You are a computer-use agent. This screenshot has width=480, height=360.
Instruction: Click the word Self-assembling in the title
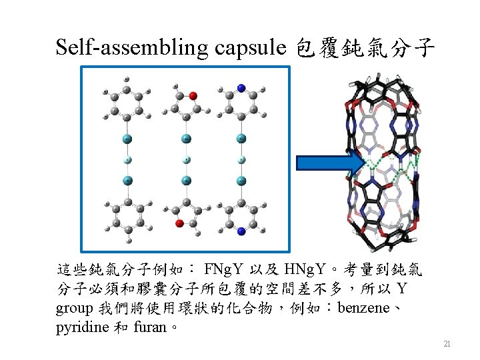click(x=132, y=47)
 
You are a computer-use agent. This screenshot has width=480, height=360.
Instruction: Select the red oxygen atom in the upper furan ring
click(x=193, y=96)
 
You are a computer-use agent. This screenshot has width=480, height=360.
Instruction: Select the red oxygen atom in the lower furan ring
click(x=179, y=223)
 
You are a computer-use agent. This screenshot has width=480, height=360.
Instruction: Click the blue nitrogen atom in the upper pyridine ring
click(x=241, y=89)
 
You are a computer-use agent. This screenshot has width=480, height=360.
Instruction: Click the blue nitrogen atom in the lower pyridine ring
click(x=241, y=231)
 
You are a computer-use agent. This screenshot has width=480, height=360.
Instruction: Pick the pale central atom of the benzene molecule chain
click(x=127, y=159)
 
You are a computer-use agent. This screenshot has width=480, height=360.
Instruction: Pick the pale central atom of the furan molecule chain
click(x=187, y=159)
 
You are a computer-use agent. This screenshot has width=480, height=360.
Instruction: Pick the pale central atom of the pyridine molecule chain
click(x=241, y=159)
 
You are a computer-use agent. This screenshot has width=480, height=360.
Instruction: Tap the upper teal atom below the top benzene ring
click(x=127, y=139)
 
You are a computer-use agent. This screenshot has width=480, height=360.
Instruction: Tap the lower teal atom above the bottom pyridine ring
click(x=241, y=181)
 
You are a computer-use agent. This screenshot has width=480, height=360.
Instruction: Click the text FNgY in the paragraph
click(x=223, y=270)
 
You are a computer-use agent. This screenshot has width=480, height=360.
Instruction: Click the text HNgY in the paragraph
click(x=304, y=270)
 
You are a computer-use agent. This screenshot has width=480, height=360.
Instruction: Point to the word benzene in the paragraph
click(x=363, y=308)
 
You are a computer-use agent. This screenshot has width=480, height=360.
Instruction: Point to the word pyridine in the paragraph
click(x=83, y=327)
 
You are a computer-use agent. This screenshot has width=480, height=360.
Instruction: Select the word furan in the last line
click(x=150, y=327)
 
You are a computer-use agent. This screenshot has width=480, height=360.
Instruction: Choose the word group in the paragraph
click(x=75, y=309)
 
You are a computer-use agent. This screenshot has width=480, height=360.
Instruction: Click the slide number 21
click(x=447, y=344)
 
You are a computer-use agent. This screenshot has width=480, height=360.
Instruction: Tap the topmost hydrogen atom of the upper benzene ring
click(x=127, y=79)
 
